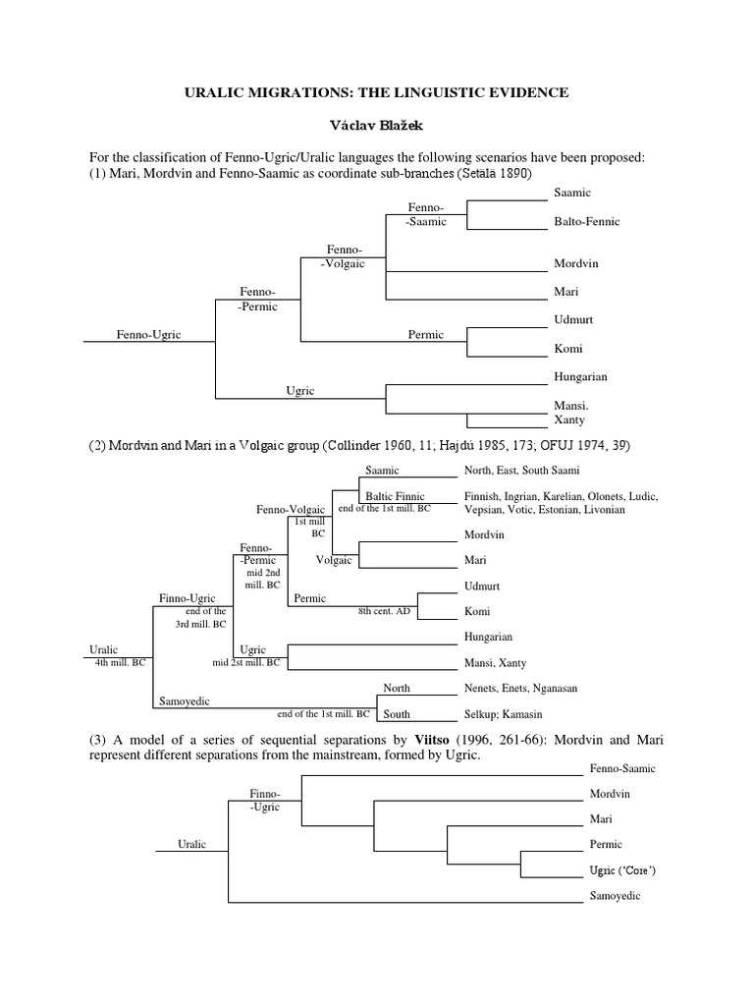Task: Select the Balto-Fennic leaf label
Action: pos(586,221)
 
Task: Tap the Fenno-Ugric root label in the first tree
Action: pos(149,334)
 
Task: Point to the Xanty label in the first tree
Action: pos(569,419)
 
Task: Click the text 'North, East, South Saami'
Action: pos(522,470)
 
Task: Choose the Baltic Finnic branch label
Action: pos(395,496)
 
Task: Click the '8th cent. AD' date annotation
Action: pos(384,611)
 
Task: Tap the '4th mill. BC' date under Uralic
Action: pos(120,662)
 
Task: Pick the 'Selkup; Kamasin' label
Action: pos(503,714)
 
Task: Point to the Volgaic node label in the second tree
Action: pos(334,560)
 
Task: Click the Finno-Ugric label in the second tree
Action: pos(187,597)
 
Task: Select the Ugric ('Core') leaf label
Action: pos(622,870)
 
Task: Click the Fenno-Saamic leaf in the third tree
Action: pos(622,768)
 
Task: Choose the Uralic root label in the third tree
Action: pos(191,844)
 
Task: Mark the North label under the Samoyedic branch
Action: pos(397,688)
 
